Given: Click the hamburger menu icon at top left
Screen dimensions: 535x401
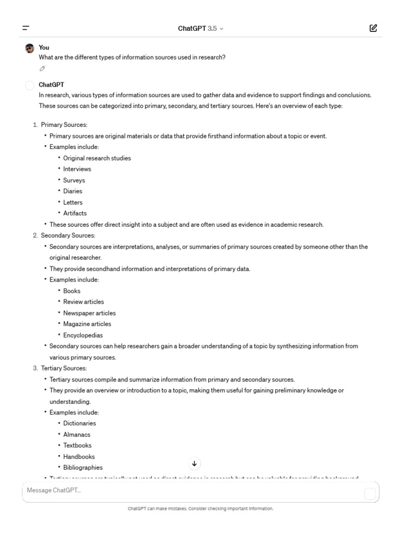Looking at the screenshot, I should click(26, 28).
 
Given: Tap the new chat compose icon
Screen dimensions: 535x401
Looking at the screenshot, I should click(373, 28).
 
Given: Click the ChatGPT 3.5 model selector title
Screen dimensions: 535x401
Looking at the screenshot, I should click(200, 29).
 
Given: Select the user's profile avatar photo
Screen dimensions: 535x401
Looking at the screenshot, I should click(30, 48).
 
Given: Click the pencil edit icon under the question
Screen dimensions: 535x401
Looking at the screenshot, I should click(42, 68).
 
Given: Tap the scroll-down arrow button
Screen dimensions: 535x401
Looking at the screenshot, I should click(194, 463).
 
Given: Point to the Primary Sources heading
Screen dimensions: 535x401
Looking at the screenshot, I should click(64, 125).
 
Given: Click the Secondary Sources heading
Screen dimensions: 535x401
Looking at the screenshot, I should click(68, 236).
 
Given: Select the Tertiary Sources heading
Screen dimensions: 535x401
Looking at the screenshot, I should click(64, 368).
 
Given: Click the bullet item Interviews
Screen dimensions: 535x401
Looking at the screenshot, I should click(77, 169).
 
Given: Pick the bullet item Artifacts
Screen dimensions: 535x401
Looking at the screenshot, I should click(75, 213).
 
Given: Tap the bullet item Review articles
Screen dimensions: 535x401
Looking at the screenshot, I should click(84, 302).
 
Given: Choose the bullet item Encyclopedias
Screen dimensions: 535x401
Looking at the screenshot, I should click(83, 335).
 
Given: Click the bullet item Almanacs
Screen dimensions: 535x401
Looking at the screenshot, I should click(77, 435).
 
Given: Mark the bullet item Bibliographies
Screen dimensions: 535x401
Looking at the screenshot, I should click(83, 468).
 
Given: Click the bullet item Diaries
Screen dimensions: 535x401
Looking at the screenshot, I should click(73, 191).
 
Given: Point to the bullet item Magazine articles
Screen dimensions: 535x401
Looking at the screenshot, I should click(87, 324).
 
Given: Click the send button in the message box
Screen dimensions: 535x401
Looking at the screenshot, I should click(370, 494).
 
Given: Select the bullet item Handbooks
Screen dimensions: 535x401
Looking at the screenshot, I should click(79, 457).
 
